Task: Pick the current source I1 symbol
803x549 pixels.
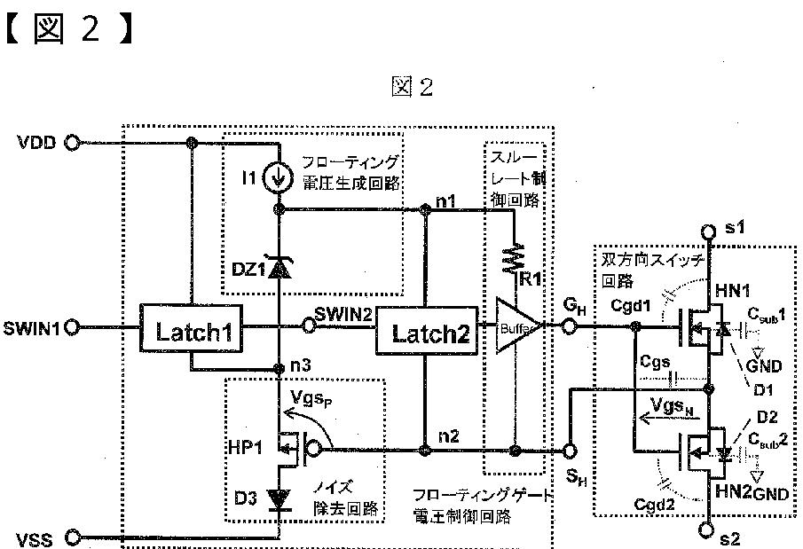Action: click(279, 178)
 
